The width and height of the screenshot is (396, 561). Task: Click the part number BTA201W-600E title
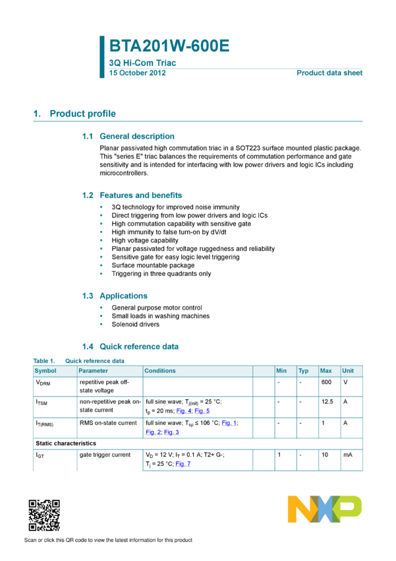click(169, 46)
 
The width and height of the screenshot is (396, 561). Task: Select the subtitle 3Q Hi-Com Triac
click(142, 63)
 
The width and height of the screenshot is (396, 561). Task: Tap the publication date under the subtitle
click(137, 73)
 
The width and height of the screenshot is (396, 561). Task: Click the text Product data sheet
click(329, 73)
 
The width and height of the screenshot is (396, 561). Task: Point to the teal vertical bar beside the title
click(101, 57)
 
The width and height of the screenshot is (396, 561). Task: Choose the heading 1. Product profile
click(74, 114)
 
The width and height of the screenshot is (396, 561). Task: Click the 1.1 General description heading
click(128, 136)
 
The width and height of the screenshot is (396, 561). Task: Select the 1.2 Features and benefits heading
click(132, 195)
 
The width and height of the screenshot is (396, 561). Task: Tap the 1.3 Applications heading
click(115, 296)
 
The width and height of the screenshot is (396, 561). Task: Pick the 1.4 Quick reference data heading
click(130, 346)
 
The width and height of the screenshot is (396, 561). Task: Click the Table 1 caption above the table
click(78, 361)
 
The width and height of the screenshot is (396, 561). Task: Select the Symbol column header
click(45, 371)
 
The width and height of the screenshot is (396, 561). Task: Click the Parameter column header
click(93, 371)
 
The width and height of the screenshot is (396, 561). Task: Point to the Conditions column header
click(160, 371)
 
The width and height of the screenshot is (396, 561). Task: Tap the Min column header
click(281, 371)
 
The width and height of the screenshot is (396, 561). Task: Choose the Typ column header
click(303, 371)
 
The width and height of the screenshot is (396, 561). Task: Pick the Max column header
click(325, 371)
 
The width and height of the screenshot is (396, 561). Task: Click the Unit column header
click(348, 371)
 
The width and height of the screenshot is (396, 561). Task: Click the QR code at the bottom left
click(44, 515)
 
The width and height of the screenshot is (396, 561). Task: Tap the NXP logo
click(324, 509)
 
